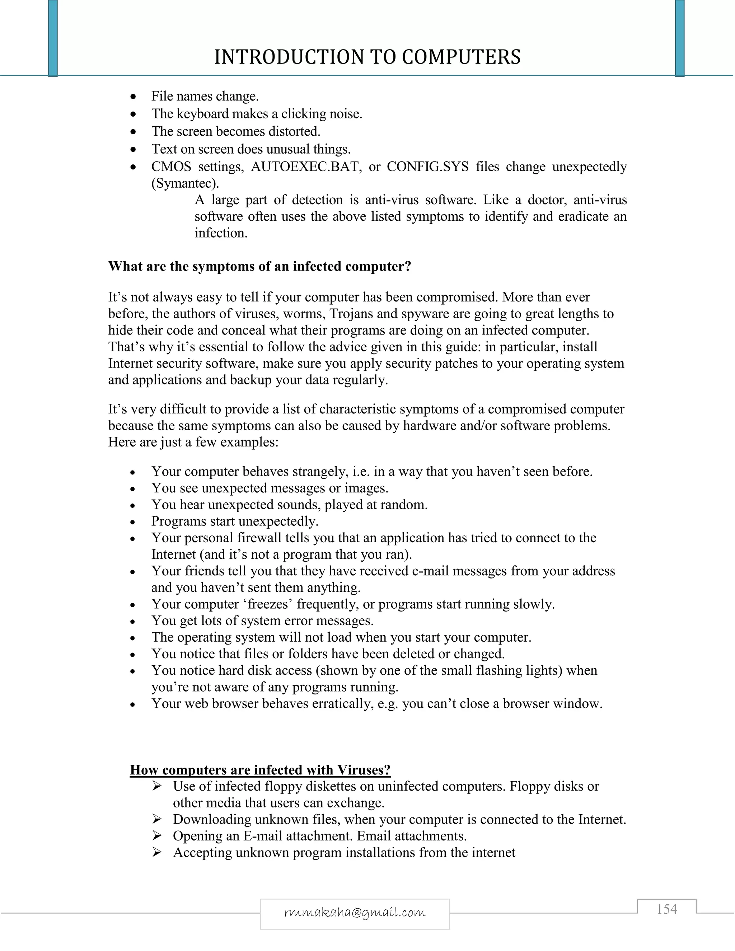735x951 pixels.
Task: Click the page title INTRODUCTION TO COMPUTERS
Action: pos(367,57)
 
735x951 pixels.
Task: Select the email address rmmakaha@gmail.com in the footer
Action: pos(355,912)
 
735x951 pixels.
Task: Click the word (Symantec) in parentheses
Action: pos(184,183)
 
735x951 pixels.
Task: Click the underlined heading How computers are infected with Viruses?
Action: pos(260,769)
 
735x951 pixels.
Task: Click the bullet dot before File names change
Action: pos(134,97)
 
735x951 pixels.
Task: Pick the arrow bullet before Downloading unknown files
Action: pos(157,819)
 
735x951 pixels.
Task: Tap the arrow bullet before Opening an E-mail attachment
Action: pos(157,835)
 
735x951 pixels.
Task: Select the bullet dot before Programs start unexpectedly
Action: pos(134,522)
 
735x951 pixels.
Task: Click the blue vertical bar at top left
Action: pos(53,38)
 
